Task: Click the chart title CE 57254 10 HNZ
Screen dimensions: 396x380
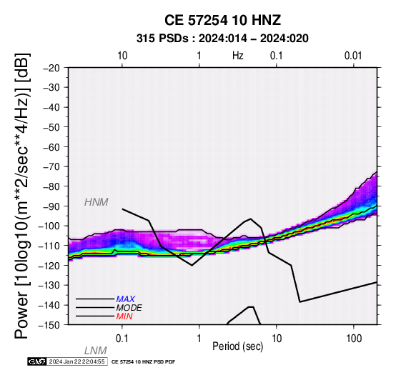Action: point(222,20)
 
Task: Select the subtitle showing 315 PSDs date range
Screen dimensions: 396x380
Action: point(222,39)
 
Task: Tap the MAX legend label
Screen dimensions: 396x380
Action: point(125,299)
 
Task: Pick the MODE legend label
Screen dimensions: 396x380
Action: point(129,308)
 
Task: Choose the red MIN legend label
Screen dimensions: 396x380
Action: point(124,316)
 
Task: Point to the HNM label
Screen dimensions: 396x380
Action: point(96,202)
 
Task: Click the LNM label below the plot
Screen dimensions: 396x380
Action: point(96,351)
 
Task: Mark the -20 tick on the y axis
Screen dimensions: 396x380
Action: point(51,68)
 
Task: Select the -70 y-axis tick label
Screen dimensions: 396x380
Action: point(51,167)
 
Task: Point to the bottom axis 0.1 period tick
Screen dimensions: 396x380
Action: point(122,339)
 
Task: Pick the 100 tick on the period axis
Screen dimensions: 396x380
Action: point(354,339)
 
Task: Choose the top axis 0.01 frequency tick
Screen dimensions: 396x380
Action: point(353,56)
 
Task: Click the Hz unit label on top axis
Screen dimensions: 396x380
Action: point(237,56)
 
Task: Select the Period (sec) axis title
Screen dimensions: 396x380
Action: point(237,346)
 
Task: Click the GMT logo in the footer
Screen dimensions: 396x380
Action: point(37,361)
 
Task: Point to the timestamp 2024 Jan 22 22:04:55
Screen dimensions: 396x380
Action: point(76,361)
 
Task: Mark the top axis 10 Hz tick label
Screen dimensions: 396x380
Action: point(122,56)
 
